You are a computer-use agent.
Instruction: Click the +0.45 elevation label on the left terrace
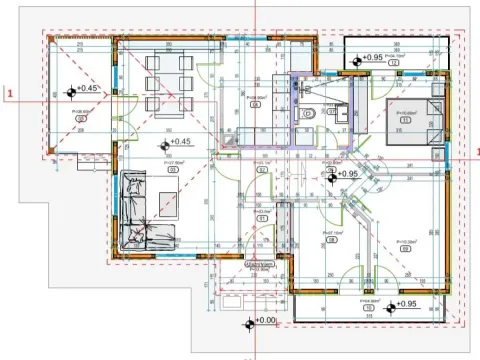click(88, 89)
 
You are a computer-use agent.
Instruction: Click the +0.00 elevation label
click(264, 321)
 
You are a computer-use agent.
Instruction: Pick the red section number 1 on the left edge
click(9, 93)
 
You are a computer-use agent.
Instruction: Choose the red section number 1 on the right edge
click(477, 151)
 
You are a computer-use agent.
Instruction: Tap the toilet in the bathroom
click(311, 114)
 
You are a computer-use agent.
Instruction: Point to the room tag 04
click(255, 102)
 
